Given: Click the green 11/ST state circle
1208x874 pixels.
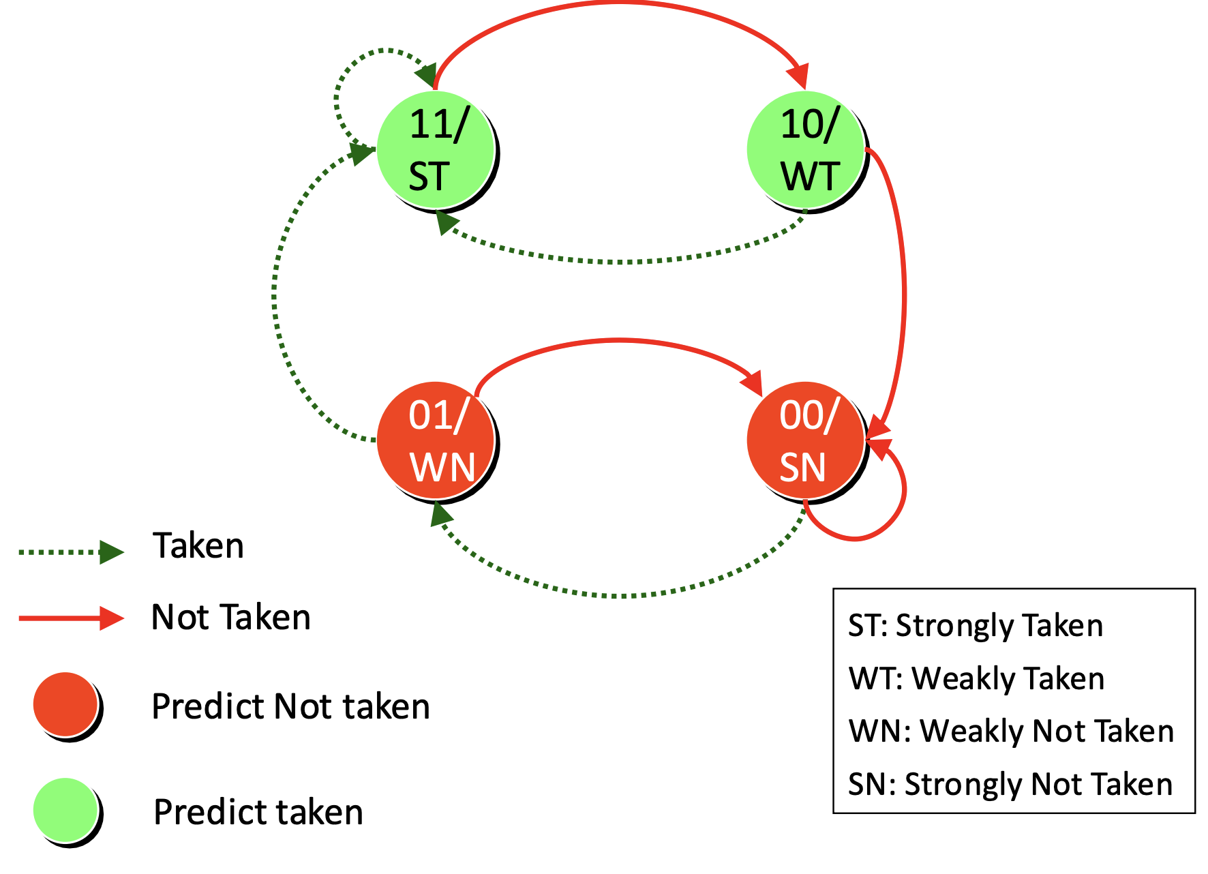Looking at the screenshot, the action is click(x=436, y=150).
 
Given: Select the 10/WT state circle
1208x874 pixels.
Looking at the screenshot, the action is click(x=806, y=150).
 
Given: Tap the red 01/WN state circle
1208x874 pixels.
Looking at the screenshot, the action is click(x=436, y=440).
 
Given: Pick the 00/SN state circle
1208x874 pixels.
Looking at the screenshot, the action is click(x=806, y=440).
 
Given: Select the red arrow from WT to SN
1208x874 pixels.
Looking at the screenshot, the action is click(x=904, y=293).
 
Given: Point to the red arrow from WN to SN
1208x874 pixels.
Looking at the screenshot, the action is click(x=619, y=340).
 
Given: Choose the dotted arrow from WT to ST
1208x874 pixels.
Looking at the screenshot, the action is click(x=620, y=262).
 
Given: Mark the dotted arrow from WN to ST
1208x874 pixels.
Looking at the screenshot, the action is click(x=274, y=293).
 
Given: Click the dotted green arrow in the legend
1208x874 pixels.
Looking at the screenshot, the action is click(x=72, y=552).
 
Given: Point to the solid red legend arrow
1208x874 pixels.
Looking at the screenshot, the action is click(x=72, y=618).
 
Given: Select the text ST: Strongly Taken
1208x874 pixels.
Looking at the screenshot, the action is click(x=976, y=626).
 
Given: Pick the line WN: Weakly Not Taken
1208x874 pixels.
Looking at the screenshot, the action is click(x=1012, y=731).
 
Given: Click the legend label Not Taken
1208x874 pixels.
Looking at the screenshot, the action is click(x=231, y=618).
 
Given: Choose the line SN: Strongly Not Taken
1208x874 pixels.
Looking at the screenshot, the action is click(x=1010, y=784).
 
